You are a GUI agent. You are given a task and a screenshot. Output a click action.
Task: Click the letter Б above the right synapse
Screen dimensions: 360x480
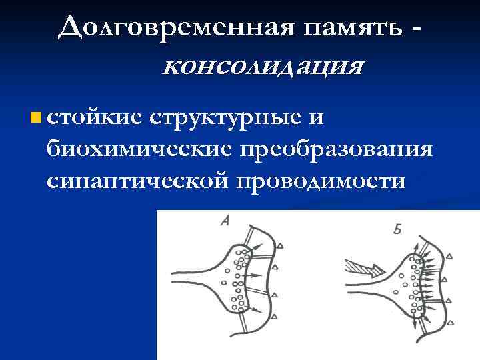398,230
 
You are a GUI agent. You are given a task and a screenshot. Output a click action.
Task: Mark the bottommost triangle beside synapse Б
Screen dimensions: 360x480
449,322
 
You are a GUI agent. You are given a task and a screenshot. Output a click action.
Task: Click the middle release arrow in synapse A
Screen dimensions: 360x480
256,275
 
